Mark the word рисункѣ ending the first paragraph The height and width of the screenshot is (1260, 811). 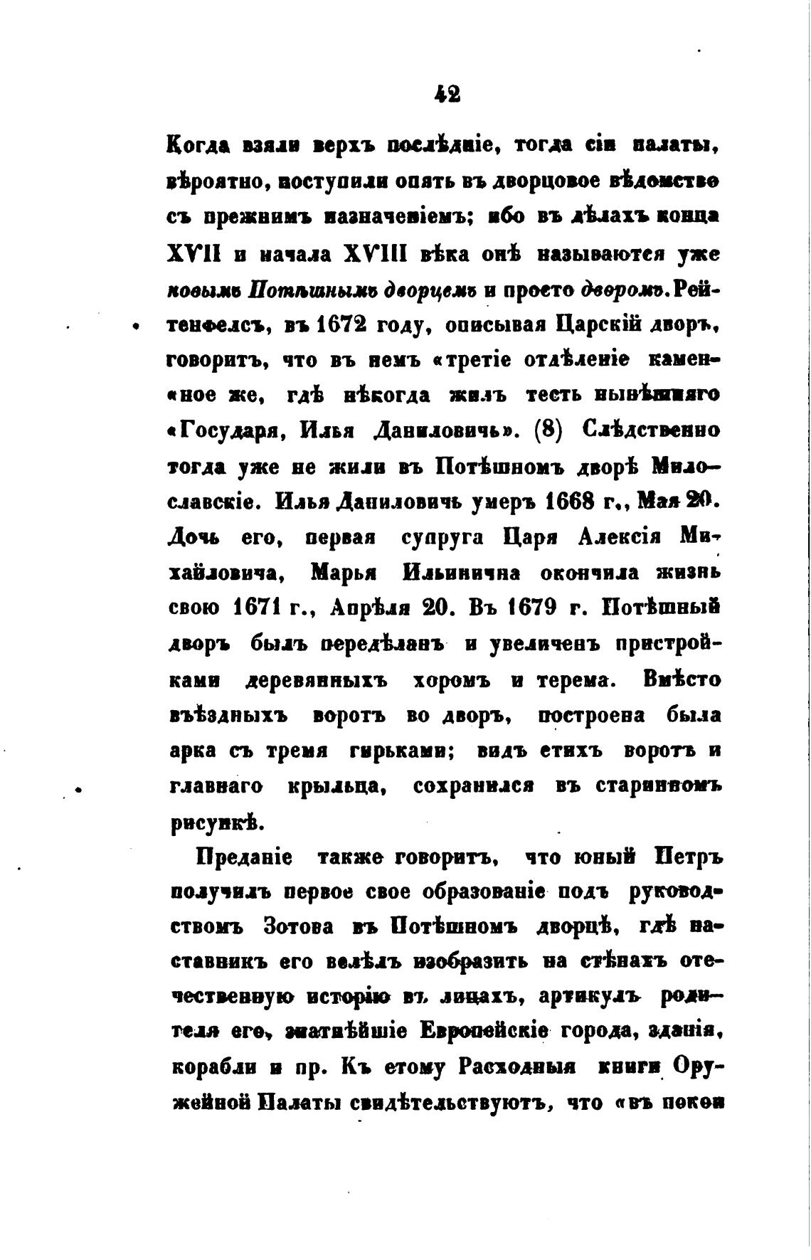[210, 823]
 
